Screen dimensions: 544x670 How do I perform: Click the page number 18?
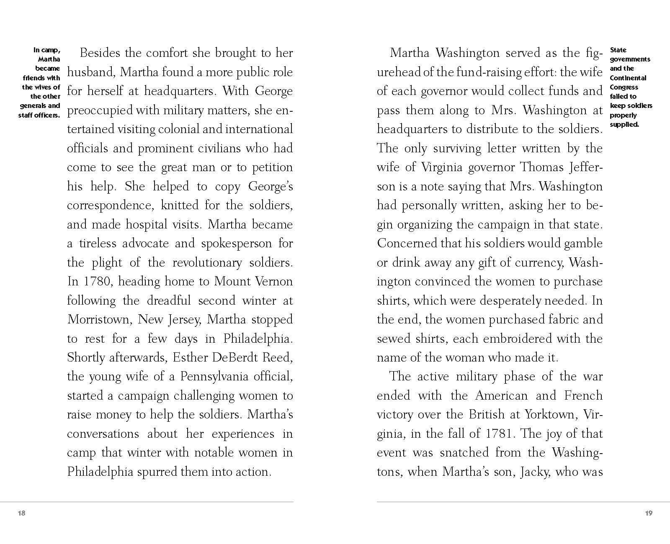pos(22,513)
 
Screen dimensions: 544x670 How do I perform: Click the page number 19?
pos(649,513)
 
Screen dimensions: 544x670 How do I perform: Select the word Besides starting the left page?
pos(100,53)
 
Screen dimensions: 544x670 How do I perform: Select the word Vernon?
pos(274,281)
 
